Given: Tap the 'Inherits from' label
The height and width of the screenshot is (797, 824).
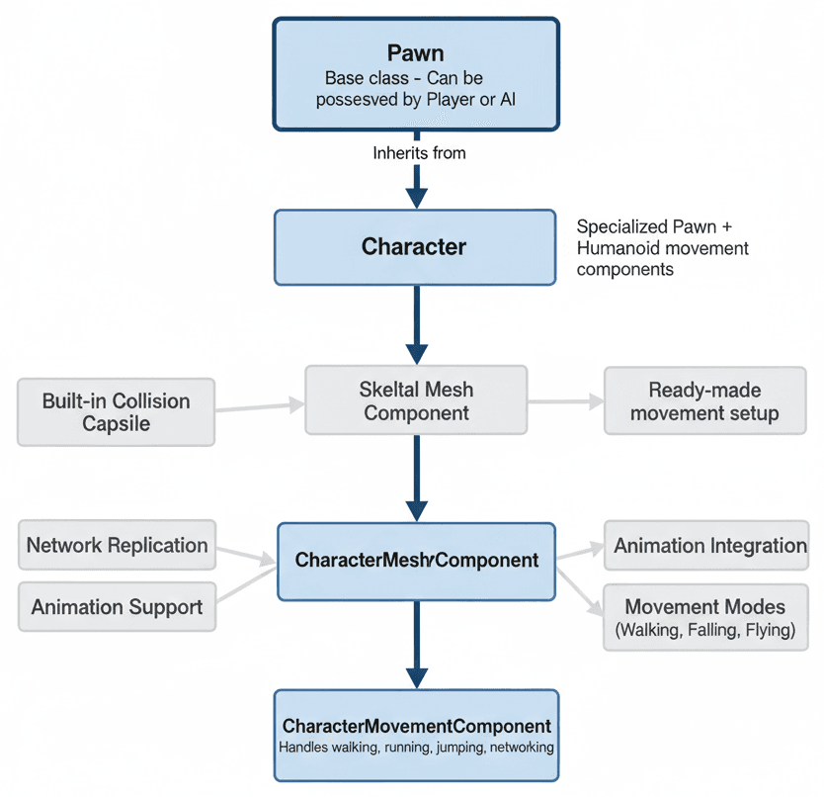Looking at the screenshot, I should pos(419,153).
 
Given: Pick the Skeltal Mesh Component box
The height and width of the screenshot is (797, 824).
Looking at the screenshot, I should pos(416,400).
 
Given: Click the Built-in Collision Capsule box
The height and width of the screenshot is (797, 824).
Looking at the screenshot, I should pos(116,412).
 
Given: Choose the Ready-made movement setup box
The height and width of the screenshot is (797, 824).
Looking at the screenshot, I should pos(703,401).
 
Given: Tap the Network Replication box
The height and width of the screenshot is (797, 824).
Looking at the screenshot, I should pos(117,546).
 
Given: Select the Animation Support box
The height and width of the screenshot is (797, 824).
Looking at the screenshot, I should pos(117,606).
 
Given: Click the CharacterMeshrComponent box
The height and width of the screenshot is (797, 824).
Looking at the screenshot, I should pos(416,561).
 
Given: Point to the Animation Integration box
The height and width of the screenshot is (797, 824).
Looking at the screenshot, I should pos(709,546).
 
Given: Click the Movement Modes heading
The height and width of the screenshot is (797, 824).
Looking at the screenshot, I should pos(704,606).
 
